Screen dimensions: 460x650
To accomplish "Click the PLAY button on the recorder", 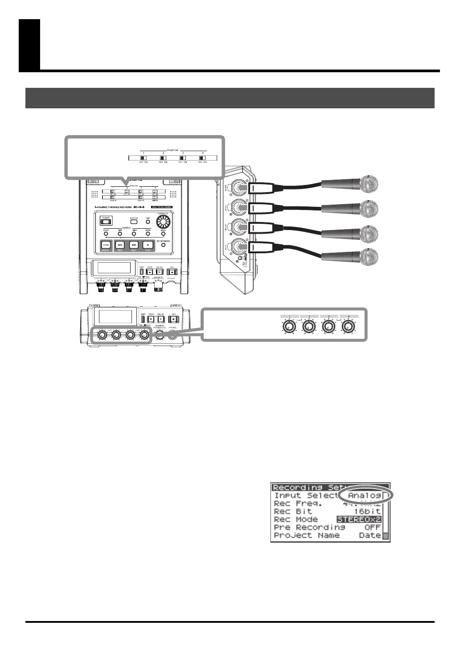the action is (x=148, y=244).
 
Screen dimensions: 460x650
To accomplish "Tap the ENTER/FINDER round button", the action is (x=163, y=244).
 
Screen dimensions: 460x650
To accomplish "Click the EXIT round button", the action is (x=148, y=222).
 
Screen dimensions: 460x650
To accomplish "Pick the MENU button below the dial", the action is (x=163, y=233).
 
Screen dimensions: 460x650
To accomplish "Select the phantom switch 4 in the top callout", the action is (x=203, y=158).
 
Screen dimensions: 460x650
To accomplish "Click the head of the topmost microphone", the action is (x=369, y=184).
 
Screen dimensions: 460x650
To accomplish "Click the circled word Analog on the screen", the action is (x=364, y=495).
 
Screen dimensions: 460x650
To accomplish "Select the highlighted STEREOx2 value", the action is (x=359, y=519).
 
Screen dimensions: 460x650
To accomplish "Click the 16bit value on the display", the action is (x=367, y=511).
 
